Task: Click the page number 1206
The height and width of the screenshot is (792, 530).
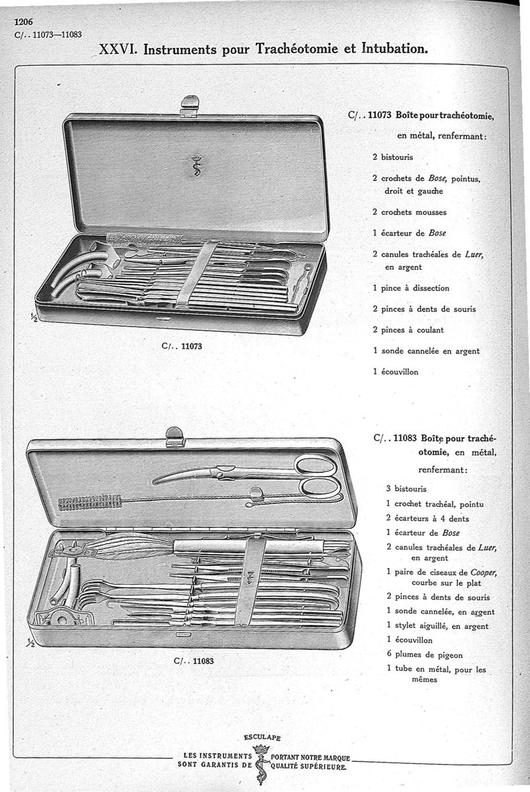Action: (x=24, y=21)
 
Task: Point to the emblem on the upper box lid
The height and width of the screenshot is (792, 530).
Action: (x=195, y=166)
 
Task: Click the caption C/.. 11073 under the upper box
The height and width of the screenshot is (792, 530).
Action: (x=183, y=346)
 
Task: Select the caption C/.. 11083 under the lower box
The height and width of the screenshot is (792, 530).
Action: (x=193, y=660)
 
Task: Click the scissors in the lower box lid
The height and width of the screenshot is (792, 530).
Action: (x=252, y=474)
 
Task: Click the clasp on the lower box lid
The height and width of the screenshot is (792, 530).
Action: (x=175, y=436)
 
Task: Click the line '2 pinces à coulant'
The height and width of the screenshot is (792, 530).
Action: (x=408, y=330)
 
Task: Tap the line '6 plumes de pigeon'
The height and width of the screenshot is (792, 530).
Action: (x=425, y=654)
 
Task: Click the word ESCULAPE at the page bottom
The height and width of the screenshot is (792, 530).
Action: (x=262, y=737)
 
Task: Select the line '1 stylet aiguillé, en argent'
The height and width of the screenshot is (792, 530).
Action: (x=437, y=626)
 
